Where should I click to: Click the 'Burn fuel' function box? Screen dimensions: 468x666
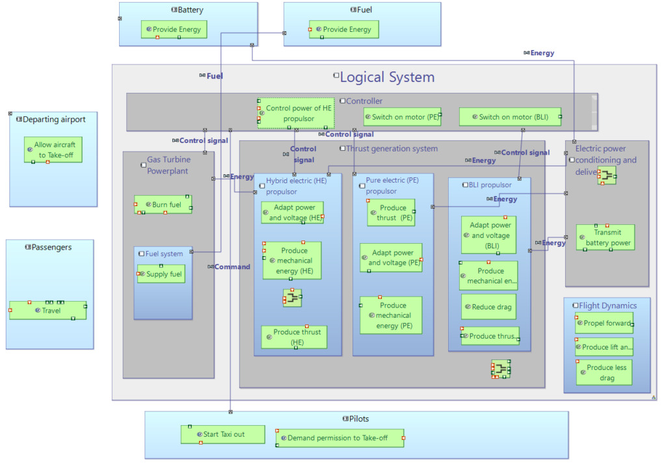pos(163,204)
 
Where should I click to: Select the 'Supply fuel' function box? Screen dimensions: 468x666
pos(161,274)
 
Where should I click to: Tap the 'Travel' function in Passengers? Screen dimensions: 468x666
pos(48,310)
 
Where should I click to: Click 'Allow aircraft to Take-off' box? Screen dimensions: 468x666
pos(53,149)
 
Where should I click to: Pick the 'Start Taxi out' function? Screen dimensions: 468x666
pos(222,434)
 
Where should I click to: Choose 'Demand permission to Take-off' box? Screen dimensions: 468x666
pos(339,438)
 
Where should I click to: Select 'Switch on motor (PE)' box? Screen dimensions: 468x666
pos(403,117)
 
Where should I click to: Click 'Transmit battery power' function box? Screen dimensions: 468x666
pos(606,238)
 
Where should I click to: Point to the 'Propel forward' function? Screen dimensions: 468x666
pos(604,323)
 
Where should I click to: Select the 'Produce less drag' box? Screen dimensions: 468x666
pos(604,372)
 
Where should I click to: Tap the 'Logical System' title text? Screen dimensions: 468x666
pos(387,77)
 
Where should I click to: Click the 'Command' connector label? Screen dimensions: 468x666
pos(232,266)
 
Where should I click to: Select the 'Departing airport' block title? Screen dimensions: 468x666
pos(54,120)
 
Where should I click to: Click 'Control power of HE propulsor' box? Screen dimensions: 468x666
pos(297,114)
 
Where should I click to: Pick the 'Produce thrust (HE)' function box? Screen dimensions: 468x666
pos(295,337)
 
